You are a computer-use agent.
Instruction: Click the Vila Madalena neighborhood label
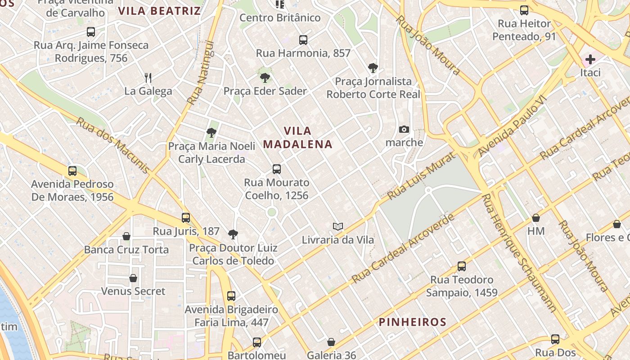(297, 137)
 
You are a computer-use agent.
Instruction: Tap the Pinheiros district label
(412, 322)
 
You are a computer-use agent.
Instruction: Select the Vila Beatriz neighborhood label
(159, 11)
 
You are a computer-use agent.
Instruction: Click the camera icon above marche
(404, 130)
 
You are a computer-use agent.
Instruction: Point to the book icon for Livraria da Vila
(338, 226)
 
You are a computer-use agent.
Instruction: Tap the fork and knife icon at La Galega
(148, 78)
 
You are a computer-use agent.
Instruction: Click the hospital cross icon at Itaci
(590, 59)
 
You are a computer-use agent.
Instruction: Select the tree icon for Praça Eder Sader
(265, 78)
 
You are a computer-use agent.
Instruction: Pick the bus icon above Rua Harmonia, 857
(303, 40)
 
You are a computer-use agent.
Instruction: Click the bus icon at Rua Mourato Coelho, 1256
(277, 169)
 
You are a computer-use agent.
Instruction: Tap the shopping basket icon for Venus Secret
(133, 278)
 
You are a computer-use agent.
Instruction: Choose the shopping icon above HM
(536, 218)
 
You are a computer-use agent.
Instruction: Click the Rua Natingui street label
(200, 72)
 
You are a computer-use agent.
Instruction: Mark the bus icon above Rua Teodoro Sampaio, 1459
(462, 266)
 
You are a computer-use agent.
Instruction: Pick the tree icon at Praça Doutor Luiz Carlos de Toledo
(233, 234)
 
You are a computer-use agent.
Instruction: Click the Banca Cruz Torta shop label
(126, 250)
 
